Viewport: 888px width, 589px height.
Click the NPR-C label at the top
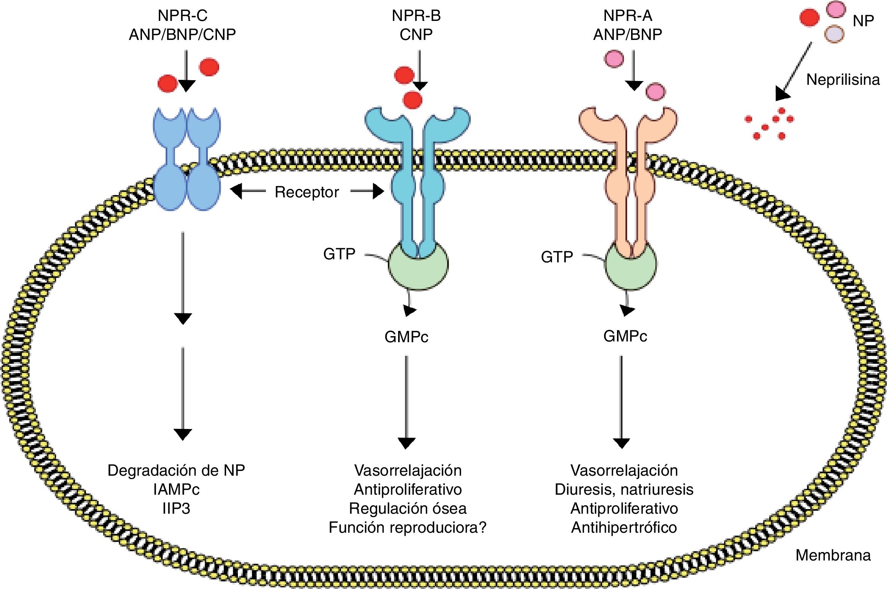(x=183, y=16)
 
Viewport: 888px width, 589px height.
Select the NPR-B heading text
(x=416, y=16)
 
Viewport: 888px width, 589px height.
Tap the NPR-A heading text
(x=628, y=16)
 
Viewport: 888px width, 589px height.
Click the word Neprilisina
(x=843, y=80)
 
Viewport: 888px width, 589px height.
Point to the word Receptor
(x=307, y=192)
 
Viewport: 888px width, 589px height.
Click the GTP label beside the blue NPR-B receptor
(x=339, y=254)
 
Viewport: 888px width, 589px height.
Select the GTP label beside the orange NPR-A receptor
(x=557, y=257)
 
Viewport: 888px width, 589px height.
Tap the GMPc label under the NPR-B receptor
(x=407, y=337)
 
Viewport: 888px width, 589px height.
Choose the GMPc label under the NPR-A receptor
(x=625, y=336)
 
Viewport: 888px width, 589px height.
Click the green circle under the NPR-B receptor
(x=418, y=264)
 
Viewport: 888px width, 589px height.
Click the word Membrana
(x=833, y=556)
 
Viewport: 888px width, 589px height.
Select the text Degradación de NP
(x=176, y=470)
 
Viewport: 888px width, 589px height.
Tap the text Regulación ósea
(x=408, y=508)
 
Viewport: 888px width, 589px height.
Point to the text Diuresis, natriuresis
(x=624, y=489)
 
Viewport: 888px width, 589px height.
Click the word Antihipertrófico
(x=624, y=527)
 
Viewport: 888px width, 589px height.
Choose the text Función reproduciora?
(x=408, y=527)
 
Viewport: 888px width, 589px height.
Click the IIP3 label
(x=176, y=508)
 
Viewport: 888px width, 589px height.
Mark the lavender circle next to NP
(x=834, y=33)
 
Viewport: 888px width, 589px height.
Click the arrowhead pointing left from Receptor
(x=236, y=191)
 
